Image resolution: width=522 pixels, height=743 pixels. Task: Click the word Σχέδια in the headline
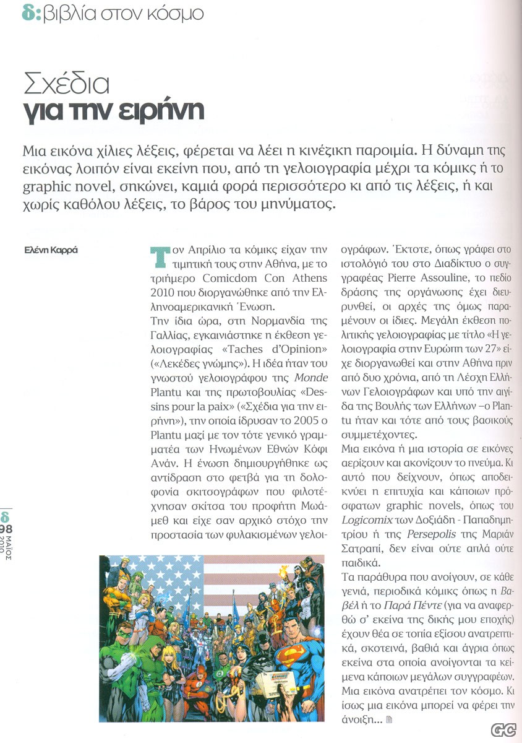[x=66, y=83]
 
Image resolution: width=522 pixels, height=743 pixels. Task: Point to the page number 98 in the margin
[x=7, y=528]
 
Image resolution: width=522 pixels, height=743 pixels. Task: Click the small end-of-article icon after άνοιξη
[x=389, y=719]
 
